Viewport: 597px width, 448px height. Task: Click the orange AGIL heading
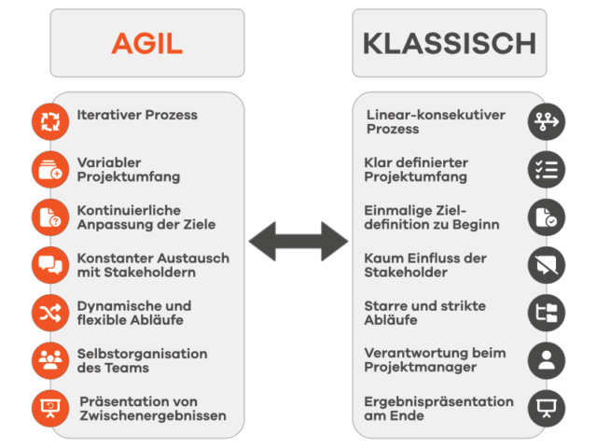point(147,44)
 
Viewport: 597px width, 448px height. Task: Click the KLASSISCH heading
point(450,44)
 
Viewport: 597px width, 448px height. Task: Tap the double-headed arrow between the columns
point(298,241)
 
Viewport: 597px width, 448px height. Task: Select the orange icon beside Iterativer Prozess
point(50,122)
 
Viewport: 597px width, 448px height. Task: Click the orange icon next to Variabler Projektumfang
point(50,170)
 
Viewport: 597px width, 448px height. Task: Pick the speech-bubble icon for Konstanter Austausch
point(50,265)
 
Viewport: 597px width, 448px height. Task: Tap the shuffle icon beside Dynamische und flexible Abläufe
point(50,314)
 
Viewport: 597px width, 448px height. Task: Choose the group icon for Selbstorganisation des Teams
point(50,361)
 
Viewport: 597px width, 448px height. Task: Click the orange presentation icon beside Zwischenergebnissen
point(50,409)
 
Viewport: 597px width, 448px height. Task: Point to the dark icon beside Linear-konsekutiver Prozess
point(547,122)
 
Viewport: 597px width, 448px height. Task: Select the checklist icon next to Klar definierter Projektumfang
point(547,170)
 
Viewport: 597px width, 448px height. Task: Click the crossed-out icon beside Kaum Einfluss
point(547,265)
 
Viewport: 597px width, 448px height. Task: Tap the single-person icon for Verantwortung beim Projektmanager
point(547,361)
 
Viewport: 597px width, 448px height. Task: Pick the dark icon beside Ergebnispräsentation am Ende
point(547,409)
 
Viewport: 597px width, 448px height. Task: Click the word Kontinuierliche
point(129,210)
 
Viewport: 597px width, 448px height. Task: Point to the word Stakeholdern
point(149,273)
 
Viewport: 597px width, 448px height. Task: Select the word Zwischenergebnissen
point(153,415)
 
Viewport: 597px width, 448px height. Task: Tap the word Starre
point(382,306)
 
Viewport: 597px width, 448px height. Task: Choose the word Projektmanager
point(421,368)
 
